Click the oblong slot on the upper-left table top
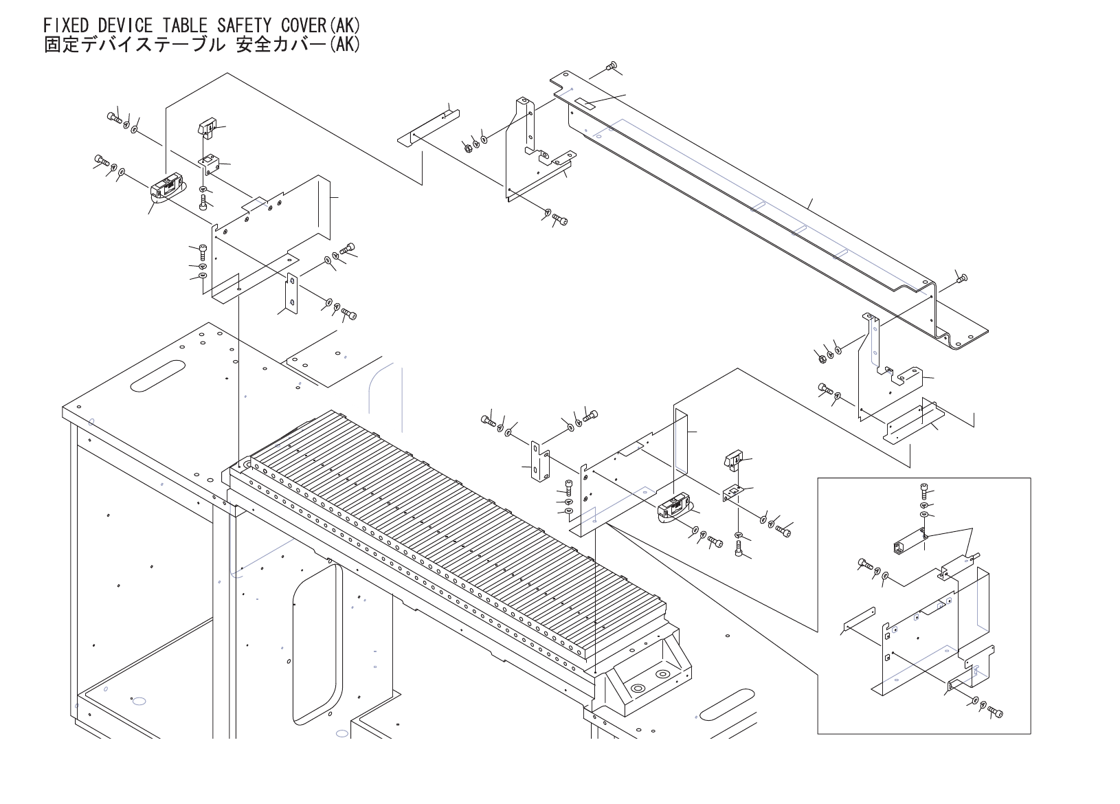pos(157,375)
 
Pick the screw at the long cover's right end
pos(962,278)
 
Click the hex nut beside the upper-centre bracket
pos(467,148)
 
